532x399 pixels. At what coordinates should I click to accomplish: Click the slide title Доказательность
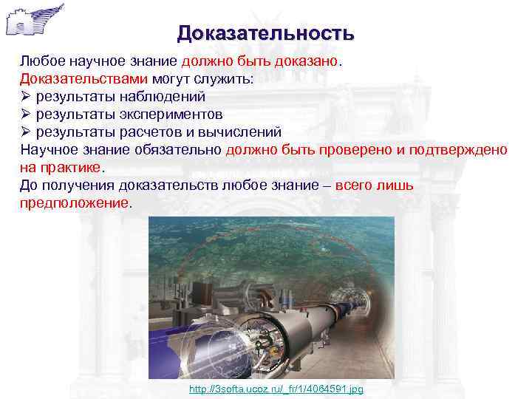pyautogui.click(x=265, y=34)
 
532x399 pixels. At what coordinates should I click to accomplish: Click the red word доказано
pyautogui.click(x=306, y=61)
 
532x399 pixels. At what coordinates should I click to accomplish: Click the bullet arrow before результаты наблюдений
pyautogui.click(x=25, y=96)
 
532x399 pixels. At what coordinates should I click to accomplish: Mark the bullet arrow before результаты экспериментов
pyautogui.click(x=25, y=114)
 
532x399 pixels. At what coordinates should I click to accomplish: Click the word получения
pyautogui.click(x=75, y=185)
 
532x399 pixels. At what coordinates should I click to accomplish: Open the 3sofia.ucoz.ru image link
pyautogui.click(x=276, y=389)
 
